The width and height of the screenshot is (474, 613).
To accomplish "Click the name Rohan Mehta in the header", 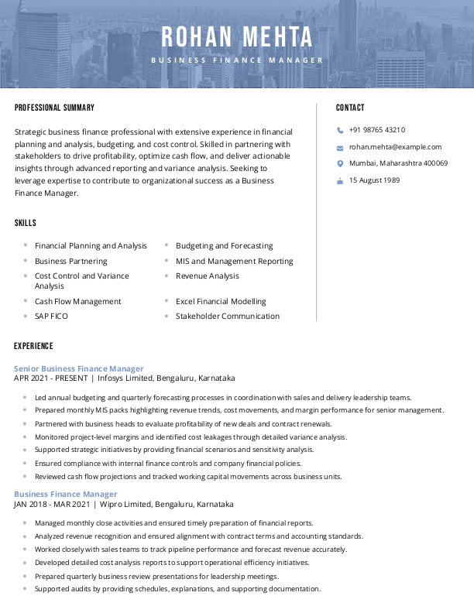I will pos(237,36).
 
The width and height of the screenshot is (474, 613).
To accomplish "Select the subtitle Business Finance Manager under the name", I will pos(237,60).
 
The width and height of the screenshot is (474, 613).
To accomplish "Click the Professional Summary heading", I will pos(54,108).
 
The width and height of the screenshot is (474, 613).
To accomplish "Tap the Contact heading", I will pos(350,108).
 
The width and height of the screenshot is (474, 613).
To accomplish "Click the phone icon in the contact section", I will pos(340,131).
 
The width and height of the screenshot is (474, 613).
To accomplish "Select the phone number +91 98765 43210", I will pos(377,130).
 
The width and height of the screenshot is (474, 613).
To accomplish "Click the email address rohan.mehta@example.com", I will pos(395,146).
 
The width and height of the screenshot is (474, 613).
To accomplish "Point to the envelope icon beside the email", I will pos(340,147).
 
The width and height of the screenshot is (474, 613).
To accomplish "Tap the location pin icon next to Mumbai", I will pos(340,163).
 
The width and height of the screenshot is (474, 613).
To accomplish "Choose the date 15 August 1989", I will pos(374,180).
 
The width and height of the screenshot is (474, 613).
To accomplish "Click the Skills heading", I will pos(26,223).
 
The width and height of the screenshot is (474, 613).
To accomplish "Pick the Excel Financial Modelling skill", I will pos(221,301).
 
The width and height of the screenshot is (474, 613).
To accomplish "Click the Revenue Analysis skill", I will pos(208,276).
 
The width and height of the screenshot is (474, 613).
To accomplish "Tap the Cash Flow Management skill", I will pos(78,301).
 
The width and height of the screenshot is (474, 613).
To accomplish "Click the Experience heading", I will pos(33,346).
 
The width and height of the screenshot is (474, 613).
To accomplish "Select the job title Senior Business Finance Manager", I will pos(79,368).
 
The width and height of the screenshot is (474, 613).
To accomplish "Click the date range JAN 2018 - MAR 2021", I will pos(51,503).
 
